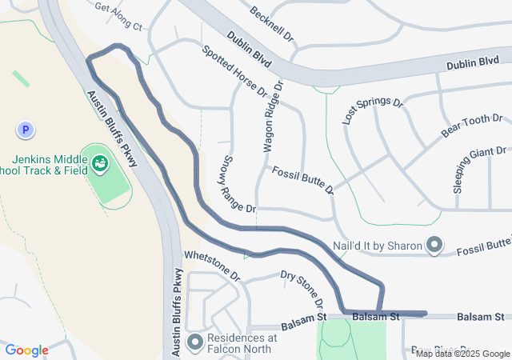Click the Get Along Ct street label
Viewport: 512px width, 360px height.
click(x=118, y=17)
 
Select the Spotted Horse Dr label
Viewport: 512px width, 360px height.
click(x=234, y=71)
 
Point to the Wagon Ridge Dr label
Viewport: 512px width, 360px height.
click(x=273, y=116)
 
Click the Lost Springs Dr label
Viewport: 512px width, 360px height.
click(x=372, y=110)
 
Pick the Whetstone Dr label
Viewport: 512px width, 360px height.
click(x=212, y=265)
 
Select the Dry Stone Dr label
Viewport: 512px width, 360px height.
click(x=302, y=289)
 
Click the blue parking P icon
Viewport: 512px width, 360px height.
click(x=26, y=129)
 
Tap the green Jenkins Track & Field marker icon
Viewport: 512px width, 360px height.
click(x=100, y=164)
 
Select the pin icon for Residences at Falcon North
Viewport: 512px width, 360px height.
click(x=195, y=342)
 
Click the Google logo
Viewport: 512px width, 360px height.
click(x=26, y=350)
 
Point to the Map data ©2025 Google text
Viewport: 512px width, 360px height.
click(x=462, y=354)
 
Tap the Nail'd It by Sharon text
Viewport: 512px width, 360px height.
click(x=377, y=245)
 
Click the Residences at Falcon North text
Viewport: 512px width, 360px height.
click(x=242, y=343)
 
